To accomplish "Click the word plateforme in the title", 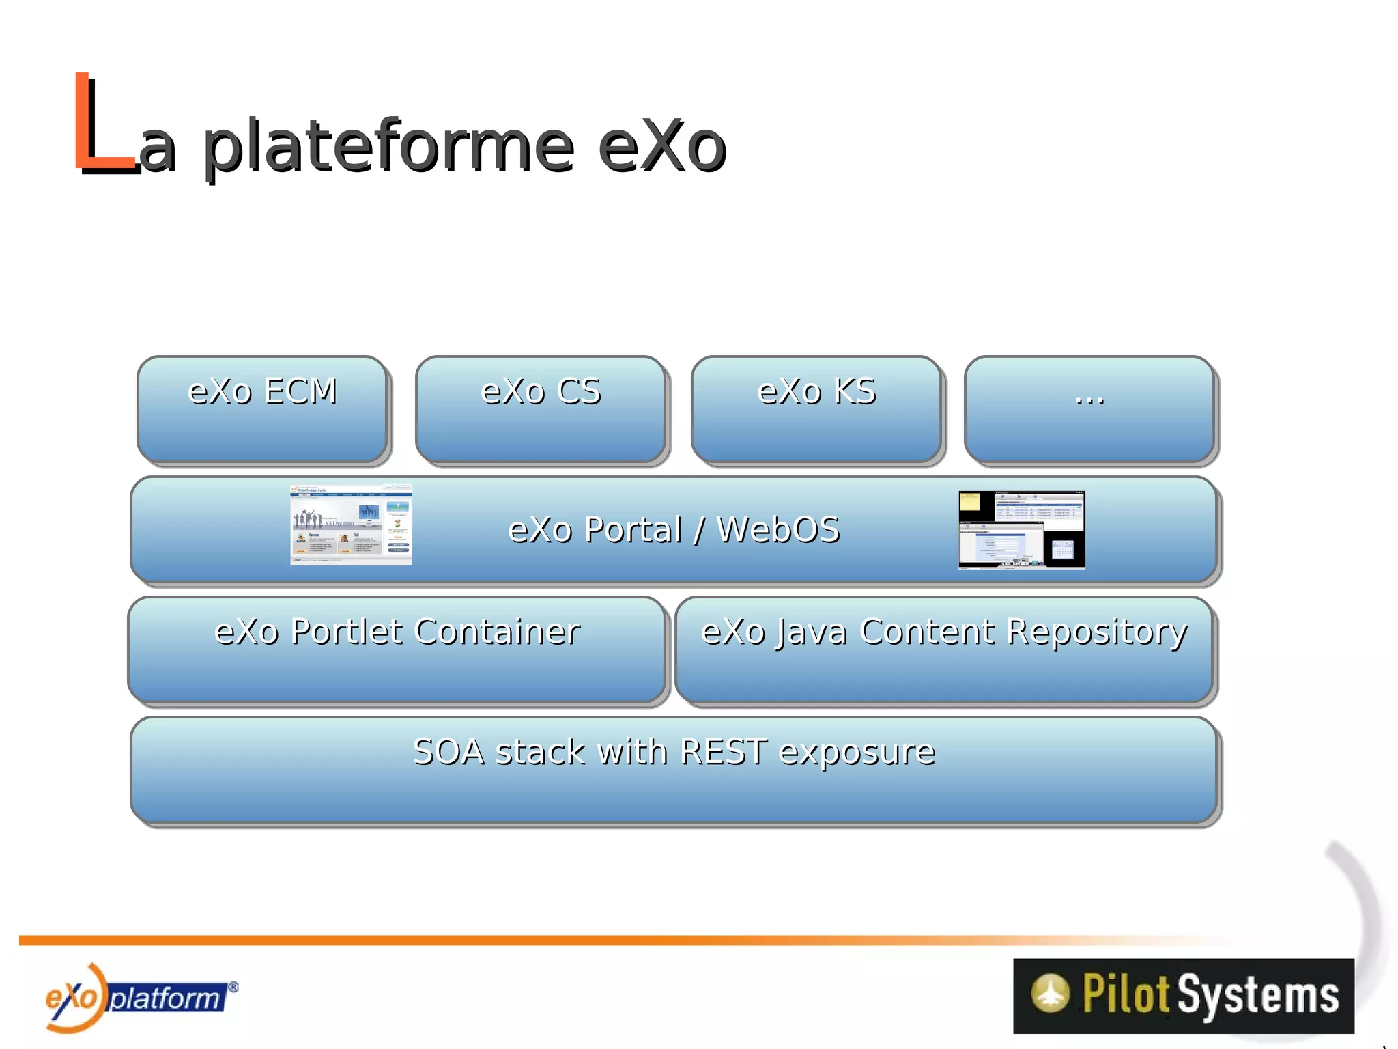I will point(389,147).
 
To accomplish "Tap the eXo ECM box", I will point(263,410).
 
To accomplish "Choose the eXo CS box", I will point(541,410).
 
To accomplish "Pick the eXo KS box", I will point(816,410).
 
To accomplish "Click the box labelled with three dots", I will point(1089,410).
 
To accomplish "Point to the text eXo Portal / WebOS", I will point(674,530).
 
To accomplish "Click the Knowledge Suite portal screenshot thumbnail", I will point(351,524).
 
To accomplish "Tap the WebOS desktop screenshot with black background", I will point(1021,529).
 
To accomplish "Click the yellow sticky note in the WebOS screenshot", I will point(970,502).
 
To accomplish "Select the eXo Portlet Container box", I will point(397,649).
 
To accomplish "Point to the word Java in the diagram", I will point(812,632).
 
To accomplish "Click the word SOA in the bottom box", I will point(448,752).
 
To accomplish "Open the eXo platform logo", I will point(137,998).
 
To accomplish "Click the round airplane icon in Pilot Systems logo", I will point(1050,993).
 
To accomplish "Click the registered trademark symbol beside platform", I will point(233,986).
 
